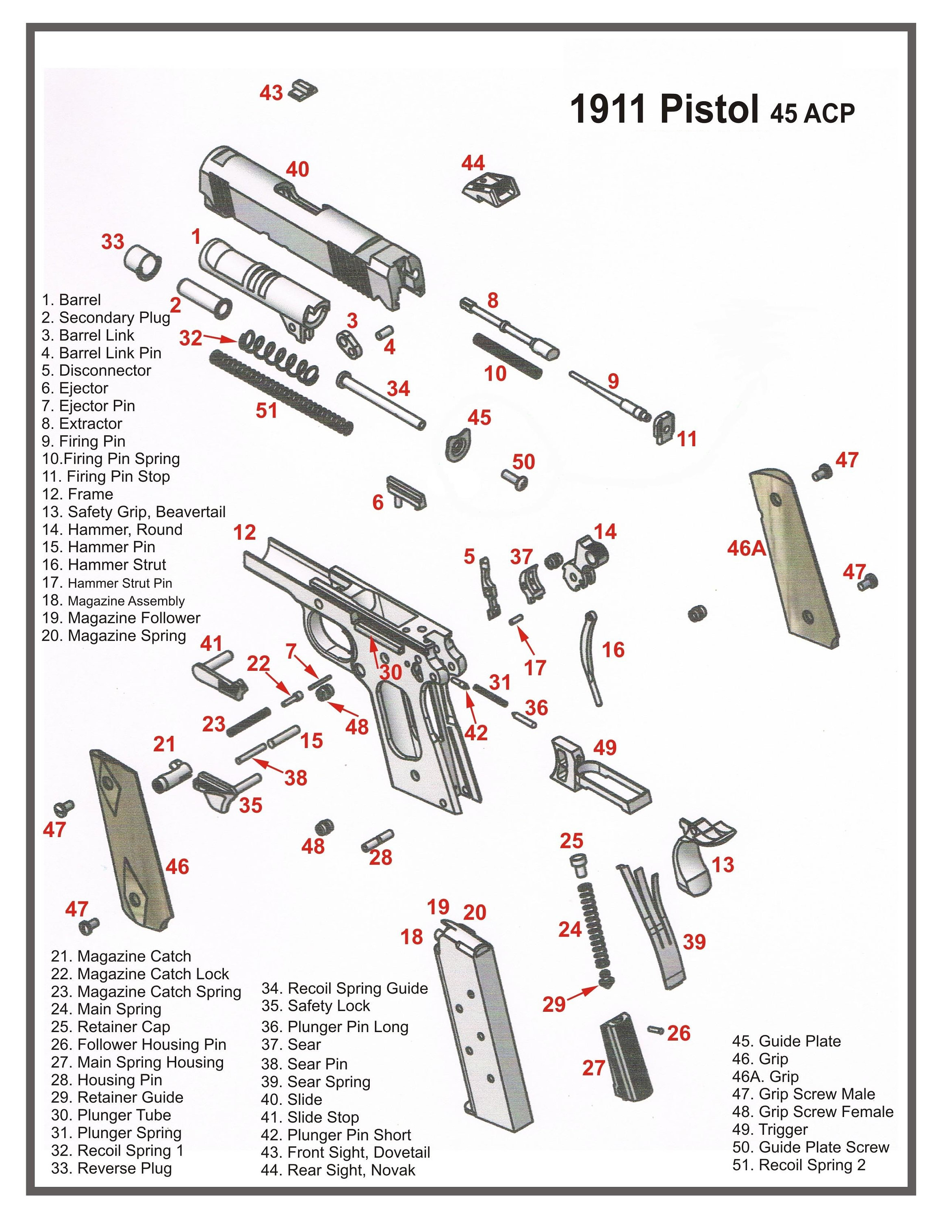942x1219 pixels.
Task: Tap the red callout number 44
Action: pos(473,163)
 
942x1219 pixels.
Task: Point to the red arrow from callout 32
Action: pos(220,338)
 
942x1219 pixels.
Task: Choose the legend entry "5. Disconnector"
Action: pos(96,371)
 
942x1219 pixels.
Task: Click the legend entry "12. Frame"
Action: pos(78,494)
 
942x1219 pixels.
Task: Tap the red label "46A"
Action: pos(746,548)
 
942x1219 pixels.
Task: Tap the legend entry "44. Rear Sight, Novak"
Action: pos(338,1170)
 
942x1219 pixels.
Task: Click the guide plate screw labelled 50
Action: pos(514,479)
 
